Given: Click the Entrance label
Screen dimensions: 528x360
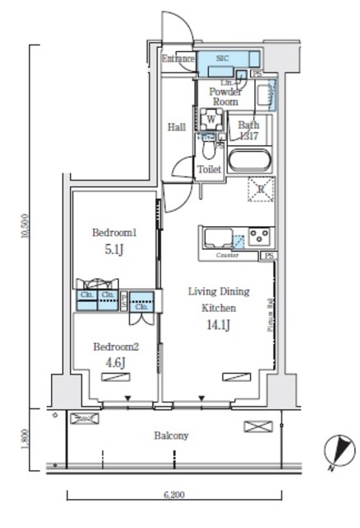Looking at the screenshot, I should point(178,59).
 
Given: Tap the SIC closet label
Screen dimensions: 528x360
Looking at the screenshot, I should point(223,59).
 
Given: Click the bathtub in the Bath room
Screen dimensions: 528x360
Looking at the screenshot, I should point(251,160).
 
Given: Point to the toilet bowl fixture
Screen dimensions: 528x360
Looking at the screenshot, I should point(208,153).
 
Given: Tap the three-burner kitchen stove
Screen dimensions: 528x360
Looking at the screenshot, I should point(261,238).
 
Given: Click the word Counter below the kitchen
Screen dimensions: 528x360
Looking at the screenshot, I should point(227,256).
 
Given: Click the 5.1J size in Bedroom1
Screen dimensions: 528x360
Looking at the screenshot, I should point(113,248).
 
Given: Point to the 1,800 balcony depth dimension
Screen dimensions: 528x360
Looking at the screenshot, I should point(26,436).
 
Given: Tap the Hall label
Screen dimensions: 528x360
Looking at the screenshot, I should point(176,127).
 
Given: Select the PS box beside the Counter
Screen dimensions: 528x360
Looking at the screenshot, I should point(269,257).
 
